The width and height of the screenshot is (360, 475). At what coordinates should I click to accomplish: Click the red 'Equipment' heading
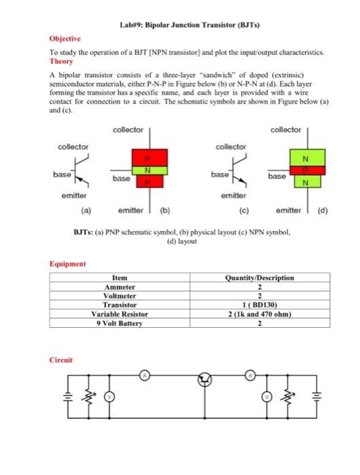67,265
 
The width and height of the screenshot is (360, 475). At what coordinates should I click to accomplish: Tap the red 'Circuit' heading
61,360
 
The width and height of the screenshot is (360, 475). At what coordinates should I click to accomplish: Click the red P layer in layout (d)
307,170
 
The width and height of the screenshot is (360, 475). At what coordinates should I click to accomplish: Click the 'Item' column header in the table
119,278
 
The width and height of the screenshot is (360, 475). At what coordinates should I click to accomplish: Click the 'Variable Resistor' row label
119,314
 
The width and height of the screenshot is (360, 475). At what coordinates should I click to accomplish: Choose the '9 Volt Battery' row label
119,324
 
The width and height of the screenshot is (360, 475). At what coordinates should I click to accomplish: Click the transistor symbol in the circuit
204,381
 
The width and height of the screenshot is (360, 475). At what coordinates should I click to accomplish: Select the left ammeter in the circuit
144,375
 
